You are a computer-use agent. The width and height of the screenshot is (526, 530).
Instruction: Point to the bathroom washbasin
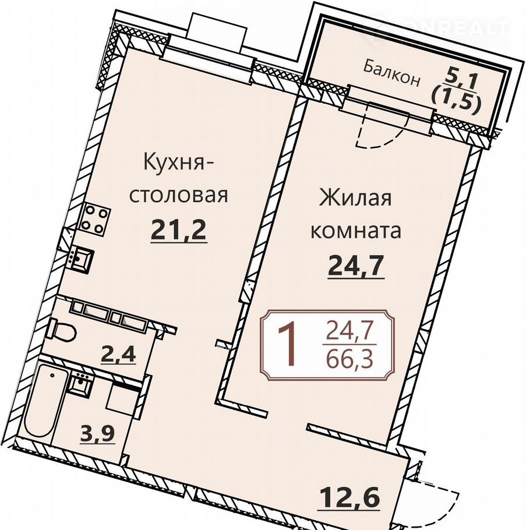click(x=80, y=383)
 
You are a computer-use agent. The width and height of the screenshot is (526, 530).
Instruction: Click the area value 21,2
click(x=178, y=229)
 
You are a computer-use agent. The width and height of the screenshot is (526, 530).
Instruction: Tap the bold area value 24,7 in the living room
click(x=356, y=266)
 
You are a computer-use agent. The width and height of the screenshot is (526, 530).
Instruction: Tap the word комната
click(x=356, y=231)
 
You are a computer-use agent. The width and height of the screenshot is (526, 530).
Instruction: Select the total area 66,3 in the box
click(x=350, y=359)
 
